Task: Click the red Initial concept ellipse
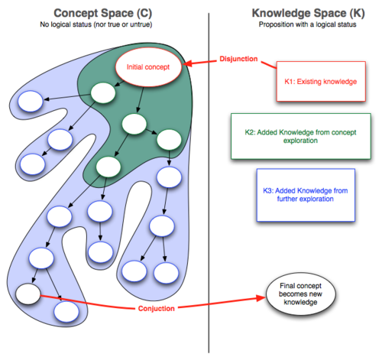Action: point(149,68)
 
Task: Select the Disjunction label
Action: point(239,59)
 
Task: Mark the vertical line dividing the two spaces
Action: point(209,191)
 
